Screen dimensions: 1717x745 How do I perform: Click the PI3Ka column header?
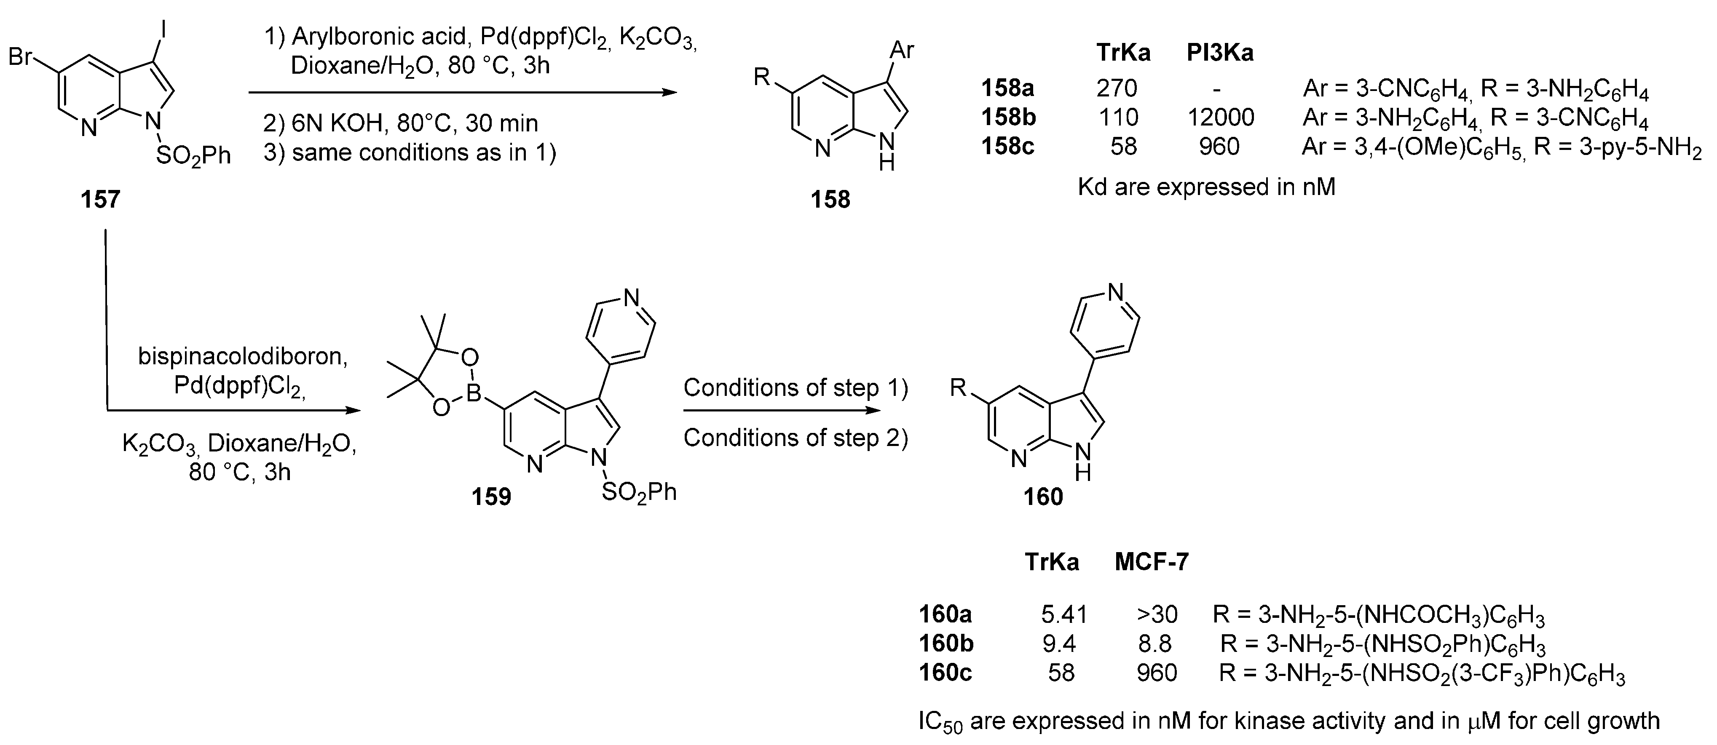pyautogui.click(x=1220, y=53)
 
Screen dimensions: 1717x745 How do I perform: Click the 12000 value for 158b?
pyautogui.click(x=1220, y=118)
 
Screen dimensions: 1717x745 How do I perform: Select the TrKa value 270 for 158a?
pyautogui.click(x=1117, y=88)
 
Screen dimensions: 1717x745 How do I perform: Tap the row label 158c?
pyautogui.click(x=1008, y=147)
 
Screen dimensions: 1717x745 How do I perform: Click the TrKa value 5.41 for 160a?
pyautogui.click(x=1064, y=614)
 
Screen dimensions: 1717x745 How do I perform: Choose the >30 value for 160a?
pyautogui.click(x=1157, y=614)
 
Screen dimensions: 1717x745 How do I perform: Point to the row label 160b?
pyautogui.click(x=946, y=644)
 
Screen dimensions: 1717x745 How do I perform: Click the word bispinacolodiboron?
pyautogui.click(x=243, y=357)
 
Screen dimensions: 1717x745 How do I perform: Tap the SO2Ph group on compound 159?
pyautogui.click(x=638, y=494)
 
